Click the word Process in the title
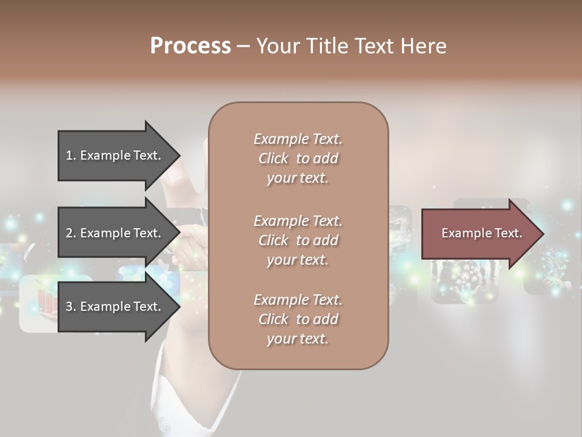(190, 46)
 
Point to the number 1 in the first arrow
(69, 155)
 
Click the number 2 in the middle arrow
(69, 233)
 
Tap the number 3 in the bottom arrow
(69, 307)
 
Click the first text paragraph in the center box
(298, 158)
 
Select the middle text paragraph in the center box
(298, 240)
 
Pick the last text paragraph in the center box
(298, 319)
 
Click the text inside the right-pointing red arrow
(482, 233)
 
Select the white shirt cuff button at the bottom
(162, 422)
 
